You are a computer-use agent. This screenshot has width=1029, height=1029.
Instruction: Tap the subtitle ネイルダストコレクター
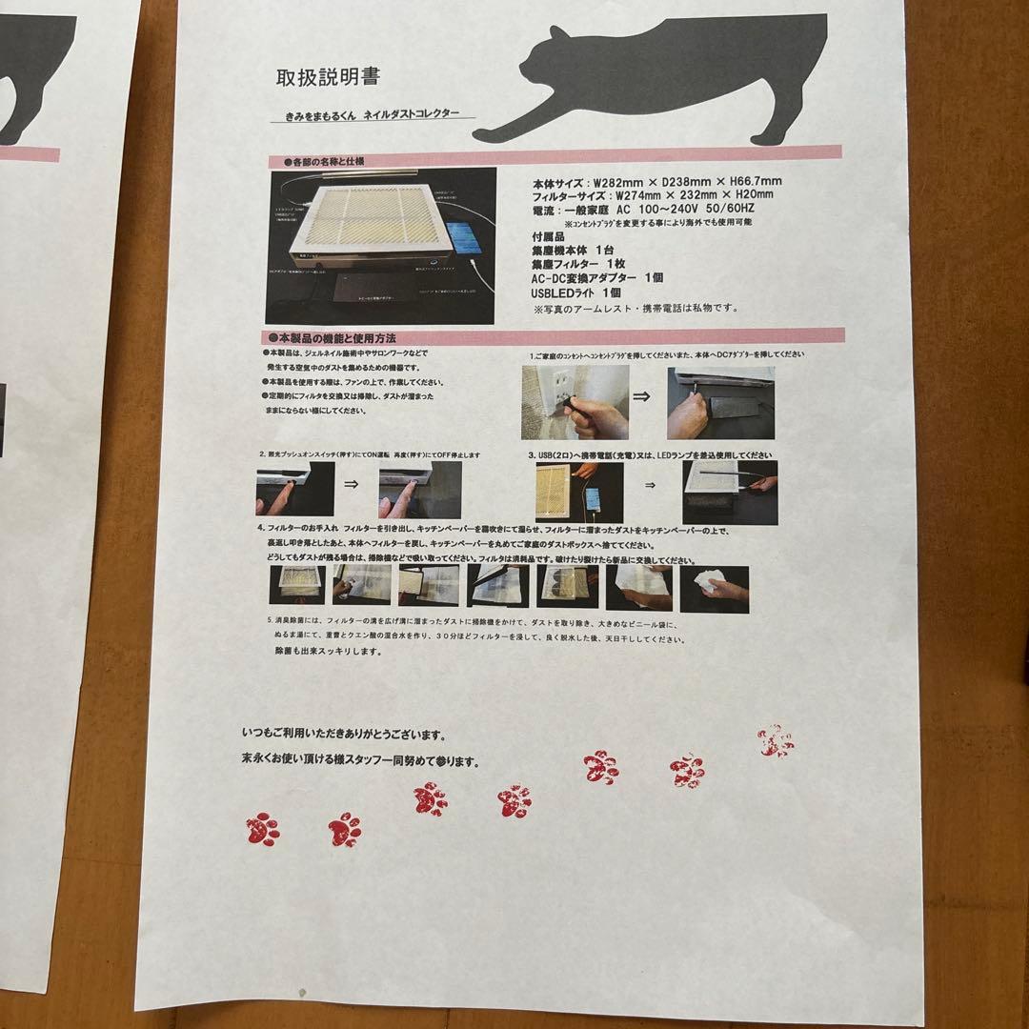pos(414,113)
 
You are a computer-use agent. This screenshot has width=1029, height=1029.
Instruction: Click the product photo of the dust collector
pos(382,246)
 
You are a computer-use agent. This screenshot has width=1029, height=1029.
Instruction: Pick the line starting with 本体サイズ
pos(657,181)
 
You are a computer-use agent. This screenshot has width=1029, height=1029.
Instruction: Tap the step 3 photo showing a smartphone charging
pos(579,492)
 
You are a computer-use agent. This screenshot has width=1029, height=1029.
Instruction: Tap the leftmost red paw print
pos(263,829)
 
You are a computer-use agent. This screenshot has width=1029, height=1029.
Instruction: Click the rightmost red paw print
pos(777,740)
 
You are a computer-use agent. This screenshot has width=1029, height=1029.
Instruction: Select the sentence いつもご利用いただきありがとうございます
pos(343,736)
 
